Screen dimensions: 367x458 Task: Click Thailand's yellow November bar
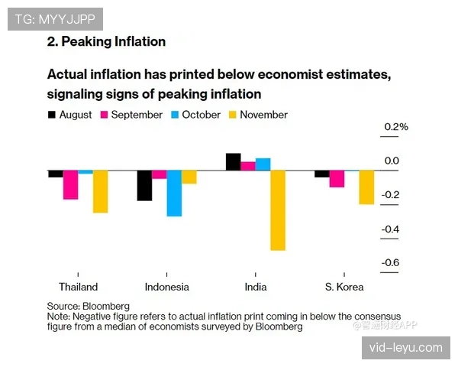click(x=100, y=191)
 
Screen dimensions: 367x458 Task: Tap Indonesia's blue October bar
click(x=174, y=193)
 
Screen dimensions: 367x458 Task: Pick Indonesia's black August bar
click(x=144, y=185)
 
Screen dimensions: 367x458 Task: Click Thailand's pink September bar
click(x=70, y=184)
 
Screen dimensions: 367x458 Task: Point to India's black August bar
click(x=234, y=161)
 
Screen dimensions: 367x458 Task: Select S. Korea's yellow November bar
click(x=366, y=187)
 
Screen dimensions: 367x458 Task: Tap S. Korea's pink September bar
click(x=337, y=178)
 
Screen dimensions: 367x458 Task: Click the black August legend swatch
click(x=52, y=115)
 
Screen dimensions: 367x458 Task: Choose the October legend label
click(x=202, y=115)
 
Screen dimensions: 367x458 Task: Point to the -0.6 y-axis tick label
click(x=390, y=263)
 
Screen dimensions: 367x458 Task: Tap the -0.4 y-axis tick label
click(x=390, y=229)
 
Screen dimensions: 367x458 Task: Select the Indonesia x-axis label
click(x=166, y=287)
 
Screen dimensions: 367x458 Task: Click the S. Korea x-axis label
click(x=344, y=287)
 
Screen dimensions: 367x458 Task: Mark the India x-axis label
click(x=256, y=287)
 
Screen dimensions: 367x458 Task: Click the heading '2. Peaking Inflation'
click(x=106, y=41)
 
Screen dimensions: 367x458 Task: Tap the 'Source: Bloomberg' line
click(x=88, y=305)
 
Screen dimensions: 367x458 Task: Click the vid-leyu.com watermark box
click(x=405, y=347)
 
